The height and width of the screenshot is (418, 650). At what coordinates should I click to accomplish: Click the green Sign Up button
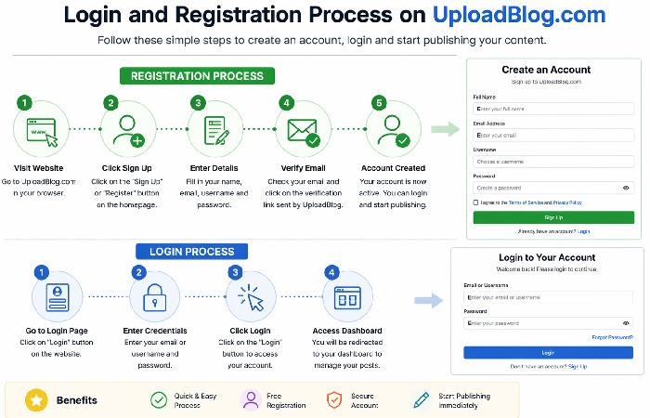553,216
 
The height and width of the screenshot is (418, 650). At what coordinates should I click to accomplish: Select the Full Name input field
553,109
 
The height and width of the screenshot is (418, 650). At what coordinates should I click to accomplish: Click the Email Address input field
553,135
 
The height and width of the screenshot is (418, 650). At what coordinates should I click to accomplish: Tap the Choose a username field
553,161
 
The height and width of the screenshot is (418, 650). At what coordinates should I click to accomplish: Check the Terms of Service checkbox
476,202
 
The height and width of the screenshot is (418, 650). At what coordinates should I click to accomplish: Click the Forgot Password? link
612,337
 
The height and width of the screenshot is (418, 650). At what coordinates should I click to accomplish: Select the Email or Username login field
548,297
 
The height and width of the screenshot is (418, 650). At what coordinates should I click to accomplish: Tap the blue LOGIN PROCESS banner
191,251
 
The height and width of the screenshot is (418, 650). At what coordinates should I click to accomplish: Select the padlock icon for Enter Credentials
155,297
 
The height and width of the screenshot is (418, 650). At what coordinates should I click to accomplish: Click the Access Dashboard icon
347,297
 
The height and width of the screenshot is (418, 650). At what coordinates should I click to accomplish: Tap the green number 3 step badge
196,103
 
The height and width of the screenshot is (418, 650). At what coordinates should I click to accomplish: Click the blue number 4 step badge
331,272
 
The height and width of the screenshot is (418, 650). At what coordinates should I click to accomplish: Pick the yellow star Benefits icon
36,400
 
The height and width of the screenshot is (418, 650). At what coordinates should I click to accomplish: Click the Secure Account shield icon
334,400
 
